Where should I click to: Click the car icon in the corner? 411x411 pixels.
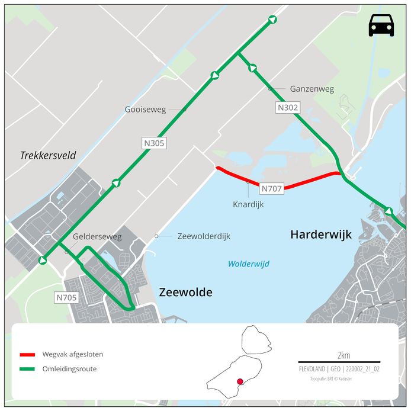click(381, 25)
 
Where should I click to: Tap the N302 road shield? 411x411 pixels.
click(288, 108)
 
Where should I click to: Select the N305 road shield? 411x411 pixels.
click(153, 143)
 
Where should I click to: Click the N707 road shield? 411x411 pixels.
click(272, 189)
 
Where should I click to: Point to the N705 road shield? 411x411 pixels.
click(66, 297)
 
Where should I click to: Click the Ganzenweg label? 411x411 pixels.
click(312, 89)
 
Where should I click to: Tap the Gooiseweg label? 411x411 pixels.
click(145, 110)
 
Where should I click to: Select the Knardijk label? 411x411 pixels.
click(248, 204)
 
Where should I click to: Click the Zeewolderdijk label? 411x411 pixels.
click(204, 236)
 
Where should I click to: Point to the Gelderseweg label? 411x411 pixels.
click(97, 237)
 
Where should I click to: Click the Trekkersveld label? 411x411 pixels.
click(48, 156)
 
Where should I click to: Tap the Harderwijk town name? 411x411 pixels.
click(320, 235)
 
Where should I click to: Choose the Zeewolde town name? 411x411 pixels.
click(185, 292)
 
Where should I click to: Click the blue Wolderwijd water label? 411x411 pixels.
click(249, 264)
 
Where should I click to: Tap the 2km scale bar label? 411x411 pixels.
click(343, 355)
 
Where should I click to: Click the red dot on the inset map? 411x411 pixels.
click(240, 382)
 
